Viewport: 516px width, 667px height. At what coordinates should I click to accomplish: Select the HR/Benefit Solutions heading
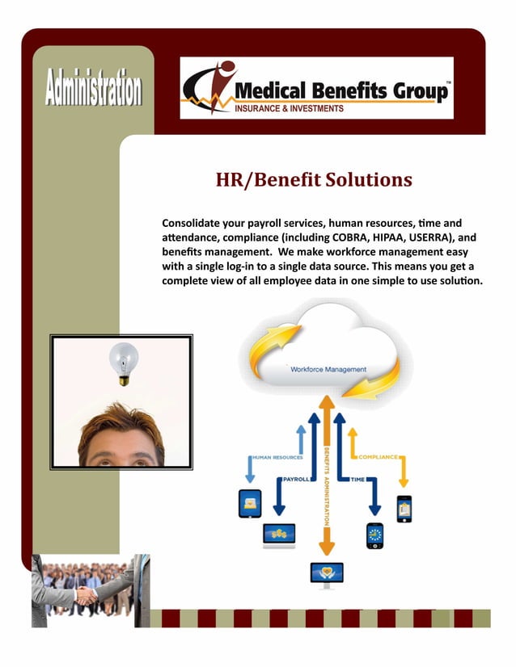click(313, 179)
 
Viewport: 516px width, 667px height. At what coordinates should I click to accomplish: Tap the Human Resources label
click(277, 457)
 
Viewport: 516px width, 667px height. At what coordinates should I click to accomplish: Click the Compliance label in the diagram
click(377, 457)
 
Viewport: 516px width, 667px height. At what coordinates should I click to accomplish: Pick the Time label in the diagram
click(357, 480)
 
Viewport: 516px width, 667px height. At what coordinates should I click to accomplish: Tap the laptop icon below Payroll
click(279, 535)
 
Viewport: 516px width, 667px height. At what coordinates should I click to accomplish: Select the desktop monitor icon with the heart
click(327, 574)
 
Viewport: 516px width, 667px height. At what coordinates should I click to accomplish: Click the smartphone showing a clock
click(374, 535)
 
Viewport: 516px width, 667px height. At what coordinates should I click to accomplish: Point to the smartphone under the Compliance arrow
click(404, 508)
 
